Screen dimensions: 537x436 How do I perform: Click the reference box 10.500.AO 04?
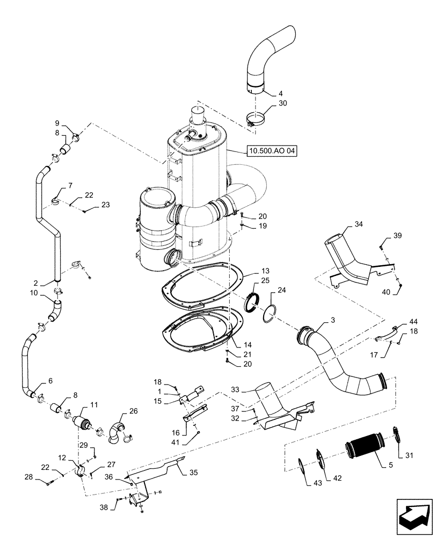pos(272,151)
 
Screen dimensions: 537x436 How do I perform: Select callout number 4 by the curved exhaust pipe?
pos(281,93)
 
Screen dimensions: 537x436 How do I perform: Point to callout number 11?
pos(93,404)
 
